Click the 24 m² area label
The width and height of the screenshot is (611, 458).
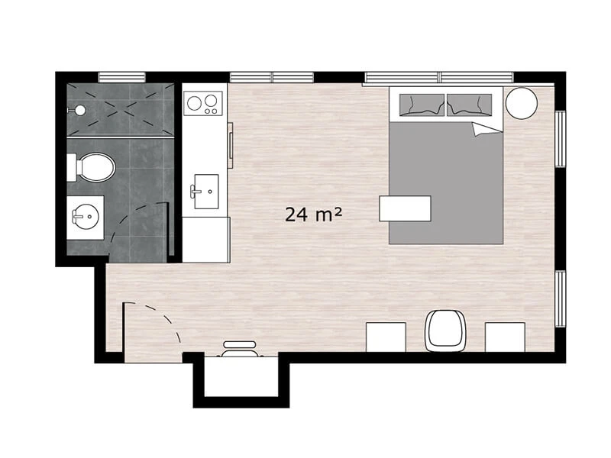(x=313, y=214)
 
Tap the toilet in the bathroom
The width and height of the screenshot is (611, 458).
(x=92, y=167)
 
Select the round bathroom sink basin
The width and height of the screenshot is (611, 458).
(x=86, y=217)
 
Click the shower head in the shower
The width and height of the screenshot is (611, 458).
(x=80, y=110)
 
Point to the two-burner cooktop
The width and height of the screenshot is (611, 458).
(x=203, y=103)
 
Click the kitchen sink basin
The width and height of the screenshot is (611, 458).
(x=205, y=192)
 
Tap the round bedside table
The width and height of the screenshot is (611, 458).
(x=522, y=103)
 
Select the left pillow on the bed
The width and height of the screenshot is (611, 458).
(x=422, y=105)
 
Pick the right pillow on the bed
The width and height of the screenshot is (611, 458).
(x=469, y=105)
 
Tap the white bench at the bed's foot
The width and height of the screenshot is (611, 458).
(x=405, y=208)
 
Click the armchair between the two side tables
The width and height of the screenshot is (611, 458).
(x=446, y=331)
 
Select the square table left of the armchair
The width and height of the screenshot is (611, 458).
(x=386, y=337)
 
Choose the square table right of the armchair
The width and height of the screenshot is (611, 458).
(x=505, y=337)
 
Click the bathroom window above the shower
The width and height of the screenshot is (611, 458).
(x=122, y=77)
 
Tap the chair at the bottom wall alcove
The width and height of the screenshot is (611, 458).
(x=240, y=350)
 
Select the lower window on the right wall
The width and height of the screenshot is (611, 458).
(x=560, y=298)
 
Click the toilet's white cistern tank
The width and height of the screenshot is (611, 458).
(x=71, y=167)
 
